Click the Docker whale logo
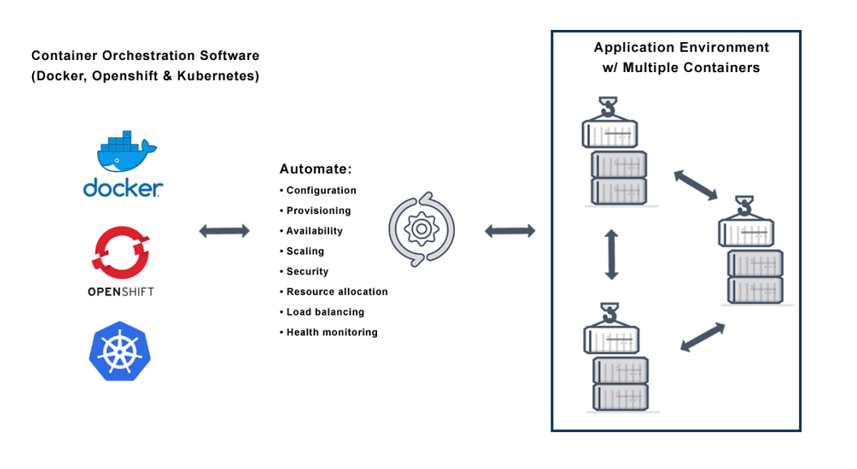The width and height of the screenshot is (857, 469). click(x=123, y=151)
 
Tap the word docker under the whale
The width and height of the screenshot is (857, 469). click(x=122, y=188)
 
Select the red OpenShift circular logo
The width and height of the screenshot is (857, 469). click(x=120, y=253)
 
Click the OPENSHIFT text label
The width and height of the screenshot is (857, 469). click(x=120, y=291)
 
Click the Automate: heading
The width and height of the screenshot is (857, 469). click(x=316, y=170)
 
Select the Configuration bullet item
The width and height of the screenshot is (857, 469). click(x=321, y=191)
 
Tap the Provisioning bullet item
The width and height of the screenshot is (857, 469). click(x=319, y=211)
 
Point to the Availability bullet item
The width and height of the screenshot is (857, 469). click(x=314, y=231)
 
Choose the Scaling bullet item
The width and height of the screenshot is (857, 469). click(x=305, y=251)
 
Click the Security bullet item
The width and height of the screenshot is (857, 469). click(x=307, y=271)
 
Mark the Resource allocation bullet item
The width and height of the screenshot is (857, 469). click(x=336, y=292)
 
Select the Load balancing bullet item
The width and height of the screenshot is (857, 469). click(x=325, y=312)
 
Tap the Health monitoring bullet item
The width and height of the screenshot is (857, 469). click(x=331, y=333)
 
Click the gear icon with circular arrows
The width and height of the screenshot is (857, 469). click(x=421, y=229)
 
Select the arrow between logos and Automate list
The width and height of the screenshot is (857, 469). click(x=224, y=231)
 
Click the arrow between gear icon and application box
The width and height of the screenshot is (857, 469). click(x=510, y=231)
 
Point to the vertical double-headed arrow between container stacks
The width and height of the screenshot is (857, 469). click(x=611, y=254)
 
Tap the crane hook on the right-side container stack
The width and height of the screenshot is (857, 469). click(x=745, y=206)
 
